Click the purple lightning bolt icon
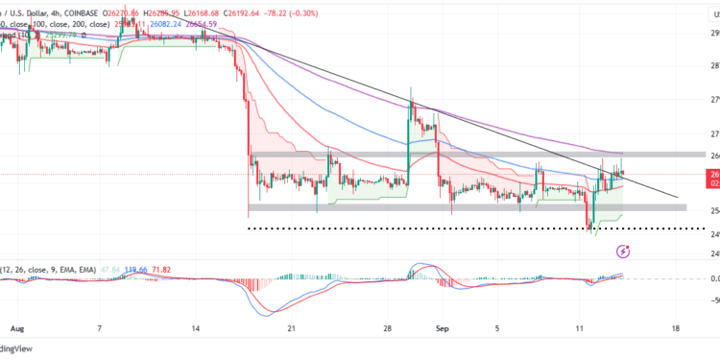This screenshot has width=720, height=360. tap(623, 252)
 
